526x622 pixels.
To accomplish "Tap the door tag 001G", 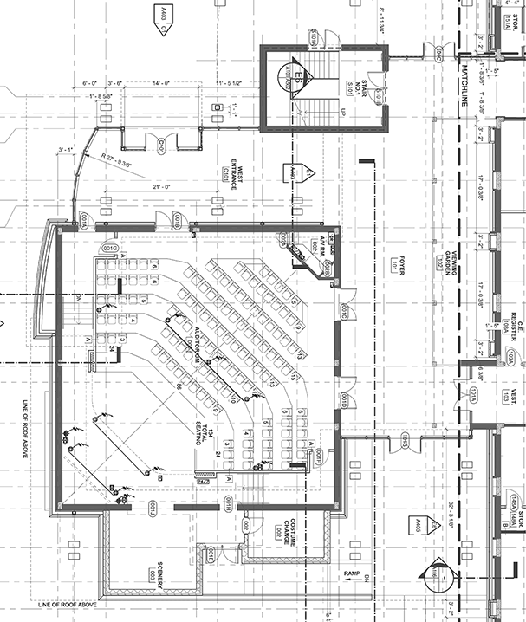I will click(x=110, y=249).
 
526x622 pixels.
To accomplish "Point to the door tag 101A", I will click(x=474, y=398).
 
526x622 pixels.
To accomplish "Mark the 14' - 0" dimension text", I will click(x=160, y=82).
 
